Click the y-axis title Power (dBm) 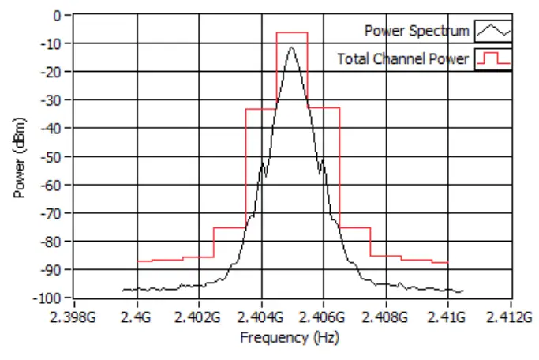coord(20,157)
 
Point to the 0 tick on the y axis coord(56,15)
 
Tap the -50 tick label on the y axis coord(51,156)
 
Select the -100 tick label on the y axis coord(48,298)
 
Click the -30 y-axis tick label coord(51,99)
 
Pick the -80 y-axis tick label coord(51,241)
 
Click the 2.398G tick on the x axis coord(74,317)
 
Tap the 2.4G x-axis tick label coord(137,317)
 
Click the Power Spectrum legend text coord(417,31)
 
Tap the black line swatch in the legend coord(493,31)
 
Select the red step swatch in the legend coord(493,58)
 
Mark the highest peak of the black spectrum coord(292,47)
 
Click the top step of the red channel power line coord(292,32)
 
